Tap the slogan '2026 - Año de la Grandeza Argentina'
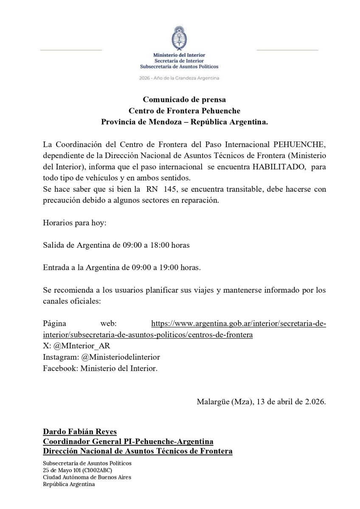179,78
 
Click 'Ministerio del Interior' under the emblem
179,55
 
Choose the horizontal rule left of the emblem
71,50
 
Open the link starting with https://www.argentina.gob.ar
239,324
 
